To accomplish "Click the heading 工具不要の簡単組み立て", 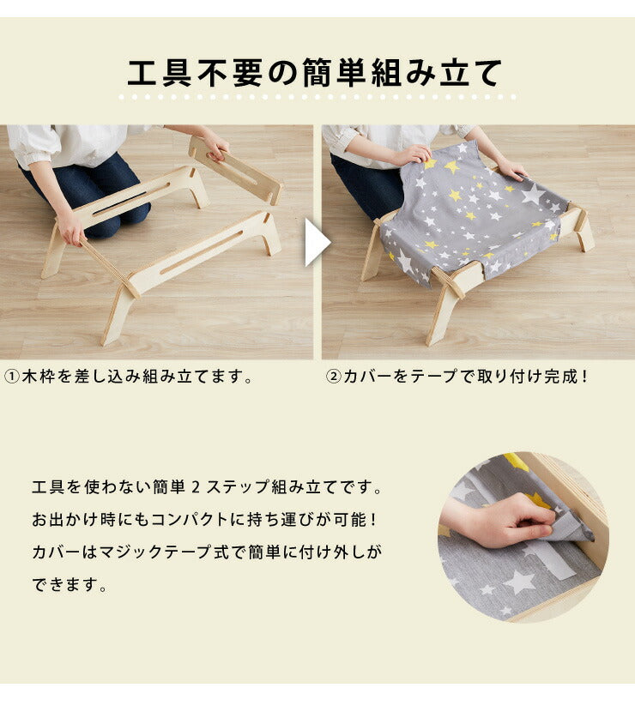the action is coord(315,73).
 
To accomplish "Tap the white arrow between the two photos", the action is coord(317,242).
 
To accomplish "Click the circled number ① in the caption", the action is coord(11,377).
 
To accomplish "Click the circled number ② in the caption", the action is coord(333,377).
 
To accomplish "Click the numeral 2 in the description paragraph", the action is coord(196,486).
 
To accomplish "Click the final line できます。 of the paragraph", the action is coord(70,584).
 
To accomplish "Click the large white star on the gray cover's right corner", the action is coord(534,194).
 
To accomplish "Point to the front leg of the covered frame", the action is coord(443,311).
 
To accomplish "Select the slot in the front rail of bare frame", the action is coord(201,252).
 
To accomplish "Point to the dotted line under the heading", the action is coord(317,97).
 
